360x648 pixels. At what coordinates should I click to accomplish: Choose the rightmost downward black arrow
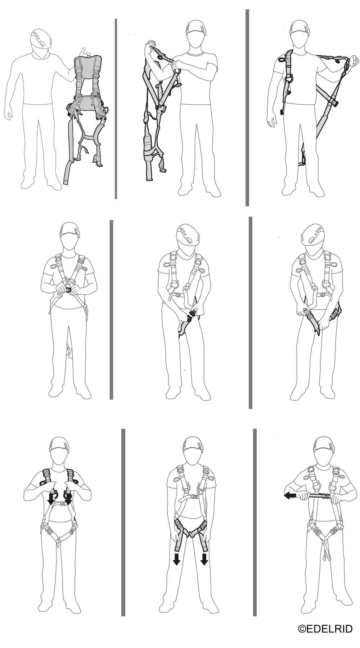coord(204,559)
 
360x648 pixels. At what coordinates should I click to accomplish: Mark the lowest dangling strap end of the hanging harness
coord(67,179)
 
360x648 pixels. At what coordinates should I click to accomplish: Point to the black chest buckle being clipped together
coord(69,289)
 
